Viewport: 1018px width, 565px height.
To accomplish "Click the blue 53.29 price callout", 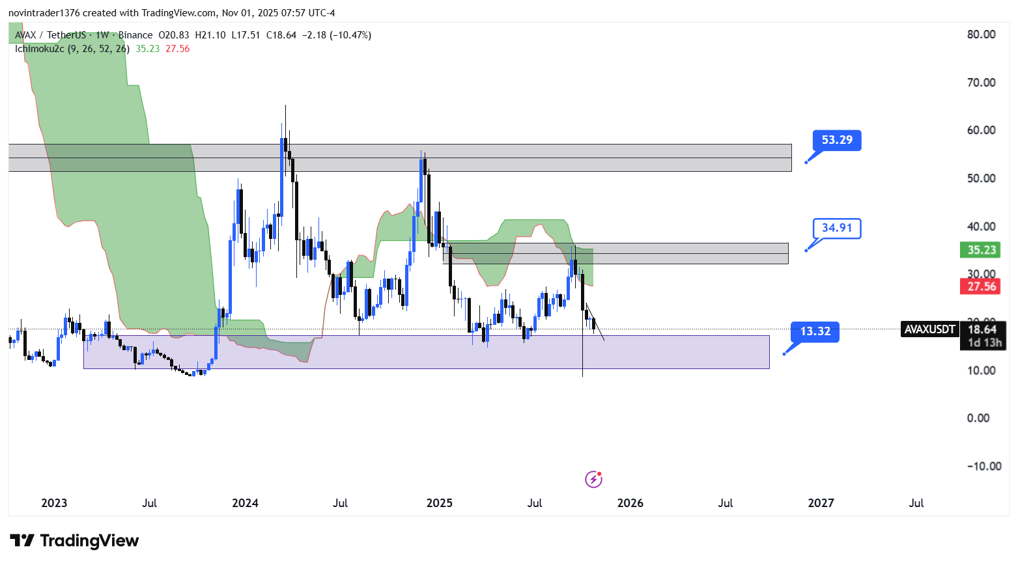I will coord(837,140).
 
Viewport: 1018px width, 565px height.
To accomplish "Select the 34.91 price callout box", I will coord(837,228).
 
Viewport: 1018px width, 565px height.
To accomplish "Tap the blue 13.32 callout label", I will coord(815,331).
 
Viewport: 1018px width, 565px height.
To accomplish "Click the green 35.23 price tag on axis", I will coord(982,250).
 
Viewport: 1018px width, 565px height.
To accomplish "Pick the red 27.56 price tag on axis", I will coord(982,286).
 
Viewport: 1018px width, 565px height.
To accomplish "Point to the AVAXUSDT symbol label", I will coord(929,329).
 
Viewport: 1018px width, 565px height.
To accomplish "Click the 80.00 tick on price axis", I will coord(981,34).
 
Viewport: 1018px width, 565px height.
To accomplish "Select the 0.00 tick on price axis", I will coord(978,418).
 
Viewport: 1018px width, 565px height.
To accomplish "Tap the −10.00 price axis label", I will coord(984,466).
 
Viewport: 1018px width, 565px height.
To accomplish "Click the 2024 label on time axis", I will coord(245,503).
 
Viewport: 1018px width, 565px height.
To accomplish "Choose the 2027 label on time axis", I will coord(821,503).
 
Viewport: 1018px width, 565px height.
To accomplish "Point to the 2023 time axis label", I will coord(54,503).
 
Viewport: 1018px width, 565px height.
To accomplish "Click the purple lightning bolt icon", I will coord(593,480).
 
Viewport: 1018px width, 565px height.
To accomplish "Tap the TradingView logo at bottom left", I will coord(74,541).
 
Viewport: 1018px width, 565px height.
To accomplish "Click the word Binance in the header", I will coord(135,35).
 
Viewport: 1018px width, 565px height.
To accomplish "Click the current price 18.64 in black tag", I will coord(982,329).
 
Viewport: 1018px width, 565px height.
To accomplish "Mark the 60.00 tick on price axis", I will coord(981,130).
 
